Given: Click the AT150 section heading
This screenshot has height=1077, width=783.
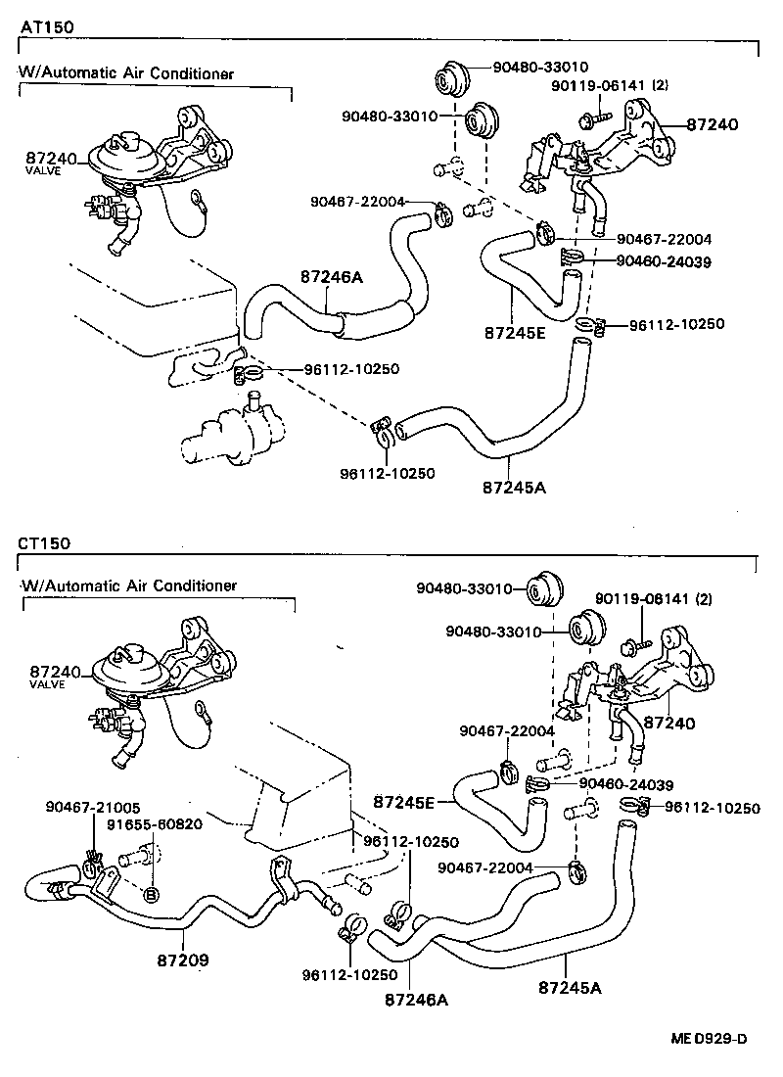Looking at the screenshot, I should pyautogui.click(x=44, y=24).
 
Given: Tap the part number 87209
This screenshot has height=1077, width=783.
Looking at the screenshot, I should pyautogui.click(x=184, y=960).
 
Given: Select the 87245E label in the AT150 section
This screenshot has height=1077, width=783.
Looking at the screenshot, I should pyautogui.click(x=515, y=331).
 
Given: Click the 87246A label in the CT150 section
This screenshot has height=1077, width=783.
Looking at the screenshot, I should pyautogui.click(x=416, y=1000).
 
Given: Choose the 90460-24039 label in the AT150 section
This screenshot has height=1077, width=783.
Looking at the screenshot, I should pyautogui.click(x=663, y=261).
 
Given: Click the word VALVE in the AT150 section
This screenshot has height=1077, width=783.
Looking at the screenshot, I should pyautogui.click(x=42, y=170).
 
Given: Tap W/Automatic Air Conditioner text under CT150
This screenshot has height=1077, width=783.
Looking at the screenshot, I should pyautogui.click(x=129, y=585).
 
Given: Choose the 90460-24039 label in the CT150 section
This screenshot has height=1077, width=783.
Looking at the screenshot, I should pyautogui.click(x=625, y=783).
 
